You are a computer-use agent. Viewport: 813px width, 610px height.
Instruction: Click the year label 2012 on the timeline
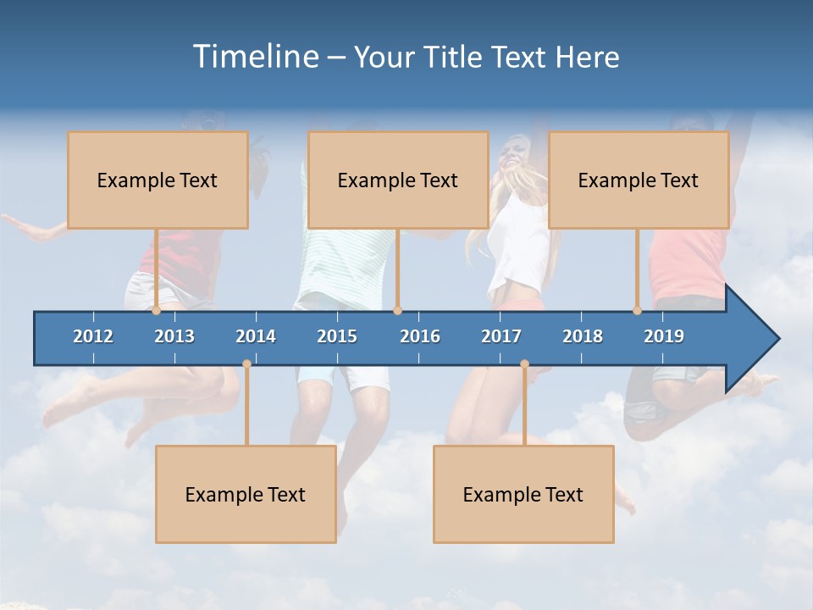point(93,336)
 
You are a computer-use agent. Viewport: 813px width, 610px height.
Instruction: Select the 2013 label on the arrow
point(174,336)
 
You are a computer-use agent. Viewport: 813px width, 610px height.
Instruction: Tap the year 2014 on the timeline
point(256,336)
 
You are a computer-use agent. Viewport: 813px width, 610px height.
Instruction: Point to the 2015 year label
point(337,336)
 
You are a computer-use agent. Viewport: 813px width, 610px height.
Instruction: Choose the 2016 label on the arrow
point(420,336)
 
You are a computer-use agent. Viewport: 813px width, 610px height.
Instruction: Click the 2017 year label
point(501,336)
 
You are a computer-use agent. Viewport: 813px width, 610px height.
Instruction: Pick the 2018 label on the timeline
point(583,336)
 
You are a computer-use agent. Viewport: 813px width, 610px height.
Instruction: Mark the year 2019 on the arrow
point(664,336)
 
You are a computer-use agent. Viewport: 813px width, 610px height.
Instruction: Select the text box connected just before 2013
point(158,180)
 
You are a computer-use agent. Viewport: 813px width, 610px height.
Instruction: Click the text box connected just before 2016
point(398,180)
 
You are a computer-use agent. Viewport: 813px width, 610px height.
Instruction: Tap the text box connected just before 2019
point(639,180)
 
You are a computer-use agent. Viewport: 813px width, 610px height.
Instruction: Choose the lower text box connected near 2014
point(246,494)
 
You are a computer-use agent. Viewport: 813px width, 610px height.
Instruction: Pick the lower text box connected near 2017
point(523,494)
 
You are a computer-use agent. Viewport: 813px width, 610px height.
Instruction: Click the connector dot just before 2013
point(156,311)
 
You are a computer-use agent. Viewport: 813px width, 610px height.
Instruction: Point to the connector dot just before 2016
point(397,311)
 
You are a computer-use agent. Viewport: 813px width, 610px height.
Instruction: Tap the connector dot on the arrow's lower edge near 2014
point(246,364)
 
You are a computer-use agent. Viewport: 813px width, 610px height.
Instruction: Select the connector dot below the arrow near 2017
point(524,364)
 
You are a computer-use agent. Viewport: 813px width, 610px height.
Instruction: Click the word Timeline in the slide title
point(255,57)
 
